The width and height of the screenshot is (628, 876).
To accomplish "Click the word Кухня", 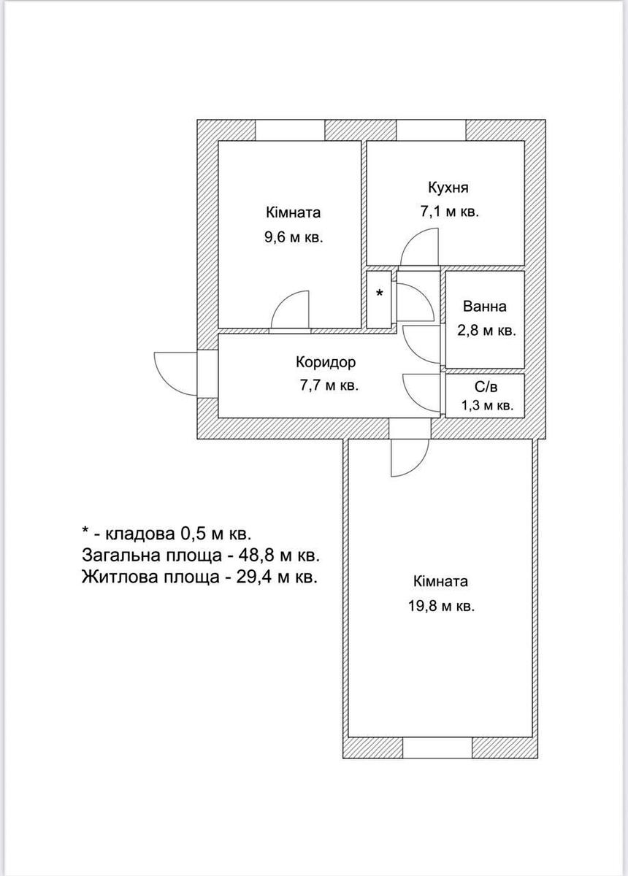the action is click(x=448, y=188).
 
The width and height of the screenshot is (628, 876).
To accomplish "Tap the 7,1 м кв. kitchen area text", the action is click(x=450, y=212).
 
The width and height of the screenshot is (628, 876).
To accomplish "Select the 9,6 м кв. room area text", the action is click(x=294, y=237).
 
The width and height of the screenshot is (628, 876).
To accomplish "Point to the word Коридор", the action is click(x=326, y=362).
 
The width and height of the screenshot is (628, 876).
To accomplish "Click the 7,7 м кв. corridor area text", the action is click(x=329, y=386).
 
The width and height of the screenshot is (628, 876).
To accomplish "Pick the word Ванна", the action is click(x=485, y=306).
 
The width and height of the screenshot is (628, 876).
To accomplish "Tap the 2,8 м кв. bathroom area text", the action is click(x=486, y=331).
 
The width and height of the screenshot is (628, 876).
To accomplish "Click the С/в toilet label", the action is click(x=486, y=387).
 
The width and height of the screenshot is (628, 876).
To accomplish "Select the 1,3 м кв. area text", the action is click(x=487, y=406).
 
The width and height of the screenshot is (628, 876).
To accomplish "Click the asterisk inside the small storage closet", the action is click(x=379, y=293).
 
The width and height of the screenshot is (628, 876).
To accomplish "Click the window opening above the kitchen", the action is click(x=432, y=130).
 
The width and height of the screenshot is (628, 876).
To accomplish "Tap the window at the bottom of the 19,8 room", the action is click(x=437, y=748).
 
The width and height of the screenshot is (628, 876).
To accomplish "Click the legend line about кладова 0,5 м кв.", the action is click(x=166, y=534).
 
